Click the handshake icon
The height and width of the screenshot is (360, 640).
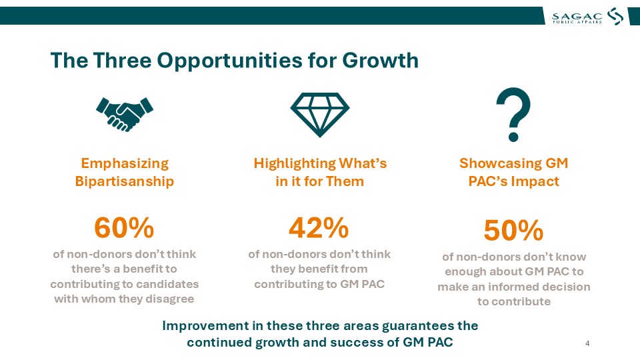pyautogui.click(x=125, y=114)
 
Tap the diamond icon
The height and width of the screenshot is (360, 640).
pyautogui.click(x=319, y=115)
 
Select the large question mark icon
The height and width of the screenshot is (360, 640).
pyautogui.click(x=513, y=115)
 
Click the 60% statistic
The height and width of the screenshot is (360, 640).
pyautogui.click(x=124, y=227)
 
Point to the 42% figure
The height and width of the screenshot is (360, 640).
pyautogui.click(x=319, y=227)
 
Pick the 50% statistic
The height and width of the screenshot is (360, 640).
pyautogui.click(x=513, y=230)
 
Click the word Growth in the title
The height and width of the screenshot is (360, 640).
pyautogui.click(x=381, y=60)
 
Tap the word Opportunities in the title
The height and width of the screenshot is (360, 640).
pyautogui.click(x=229, y=61)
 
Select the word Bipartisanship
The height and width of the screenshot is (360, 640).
pyautogui.click(x=125, y=181)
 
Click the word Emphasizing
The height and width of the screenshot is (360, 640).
pyautogui.click(x=125, y=163)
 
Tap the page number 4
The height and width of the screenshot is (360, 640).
pyautogui.click(x=587, y=343)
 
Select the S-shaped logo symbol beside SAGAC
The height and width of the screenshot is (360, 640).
pyautogui.click(x=615, y=16)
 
